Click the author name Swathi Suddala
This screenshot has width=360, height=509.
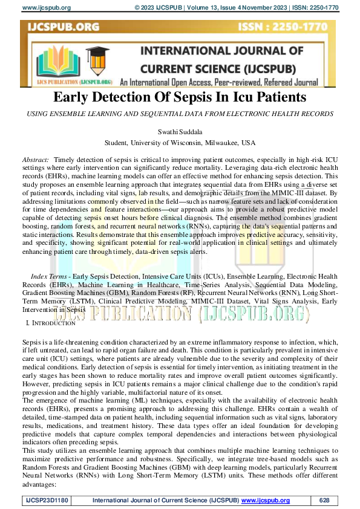180,131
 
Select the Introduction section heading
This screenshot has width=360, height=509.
50,323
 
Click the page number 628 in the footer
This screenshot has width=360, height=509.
325,501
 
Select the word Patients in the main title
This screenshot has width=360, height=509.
280,97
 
